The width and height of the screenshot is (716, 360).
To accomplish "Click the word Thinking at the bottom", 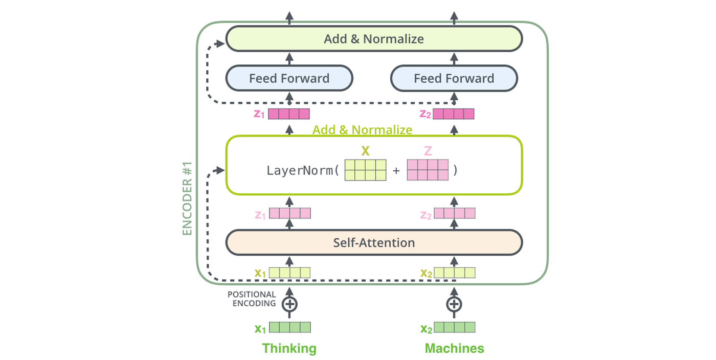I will (x=289, y=349).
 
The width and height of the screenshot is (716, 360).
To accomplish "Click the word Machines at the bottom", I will (x=454, y=349).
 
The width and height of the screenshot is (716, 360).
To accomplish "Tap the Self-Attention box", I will (x=374, y=242).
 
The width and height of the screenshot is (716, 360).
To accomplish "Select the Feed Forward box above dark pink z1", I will (x=289, y=79).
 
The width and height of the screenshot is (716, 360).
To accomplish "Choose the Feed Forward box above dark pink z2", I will (x=454, y=79).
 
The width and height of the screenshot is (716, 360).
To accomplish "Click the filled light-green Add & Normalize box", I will (x=374, y=39).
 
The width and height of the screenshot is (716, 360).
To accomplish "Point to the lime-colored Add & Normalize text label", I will (x=362, y=130).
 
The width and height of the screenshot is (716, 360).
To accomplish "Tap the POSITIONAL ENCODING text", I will (x=252, y=299).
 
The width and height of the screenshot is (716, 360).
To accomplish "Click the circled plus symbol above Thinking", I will (x=290, y=304).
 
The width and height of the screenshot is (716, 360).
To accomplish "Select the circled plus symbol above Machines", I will (x=454, y=304).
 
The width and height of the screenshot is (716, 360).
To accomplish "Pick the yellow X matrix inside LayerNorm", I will (x=365, y=170).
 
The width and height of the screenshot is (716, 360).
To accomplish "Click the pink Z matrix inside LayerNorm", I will (x=428, y=170).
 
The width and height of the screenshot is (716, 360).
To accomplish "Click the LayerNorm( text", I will (x=303, y=170).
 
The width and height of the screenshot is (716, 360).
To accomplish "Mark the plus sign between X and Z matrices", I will (x=396, y=171).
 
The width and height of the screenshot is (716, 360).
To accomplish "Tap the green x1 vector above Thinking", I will (x=290, y=328).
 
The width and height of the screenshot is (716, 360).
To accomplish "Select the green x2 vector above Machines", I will (x=455, y=328).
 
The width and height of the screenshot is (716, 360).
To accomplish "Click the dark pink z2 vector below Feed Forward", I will (x=454, y=114).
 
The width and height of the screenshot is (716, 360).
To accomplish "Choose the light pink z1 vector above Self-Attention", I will (x=290, y=213).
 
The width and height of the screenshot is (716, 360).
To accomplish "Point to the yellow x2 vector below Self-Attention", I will (x=455, y=273).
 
